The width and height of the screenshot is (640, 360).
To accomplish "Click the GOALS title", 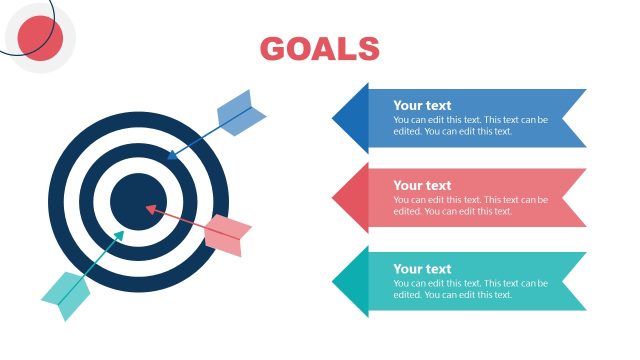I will click(319, 48).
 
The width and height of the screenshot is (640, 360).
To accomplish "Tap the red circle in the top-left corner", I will click(41, 38).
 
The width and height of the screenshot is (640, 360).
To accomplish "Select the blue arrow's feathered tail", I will click(241, 112).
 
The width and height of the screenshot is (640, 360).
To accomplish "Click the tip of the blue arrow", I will click(168, 158).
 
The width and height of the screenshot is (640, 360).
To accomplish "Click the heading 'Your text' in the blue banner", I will click(422, 105).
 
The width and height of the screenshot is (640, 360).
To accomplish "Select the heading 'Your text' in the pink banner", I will click(422, 185).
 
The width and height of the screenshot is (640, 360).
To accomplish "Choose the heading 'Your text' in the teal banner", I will click(422, 268).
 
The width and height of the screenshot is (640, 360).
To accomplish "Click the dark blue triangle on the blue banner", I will click(351, 118).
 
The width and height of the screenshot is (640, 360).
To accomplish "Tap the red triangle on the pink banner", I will click(351, 198).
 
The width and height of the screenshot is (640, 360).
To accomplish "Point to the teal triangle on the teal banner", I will click(351, 282).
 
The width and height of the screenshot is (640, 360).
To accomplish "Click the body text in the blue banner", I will click(470, 125).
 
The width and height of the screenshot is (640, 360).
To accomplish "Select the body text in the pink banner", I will click(470, 205).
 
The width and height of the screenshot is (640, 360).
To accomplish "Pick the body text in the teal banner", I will click(470, 288).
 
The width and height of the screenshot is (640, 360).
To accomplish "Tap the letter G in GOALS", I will click(273, 48).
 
